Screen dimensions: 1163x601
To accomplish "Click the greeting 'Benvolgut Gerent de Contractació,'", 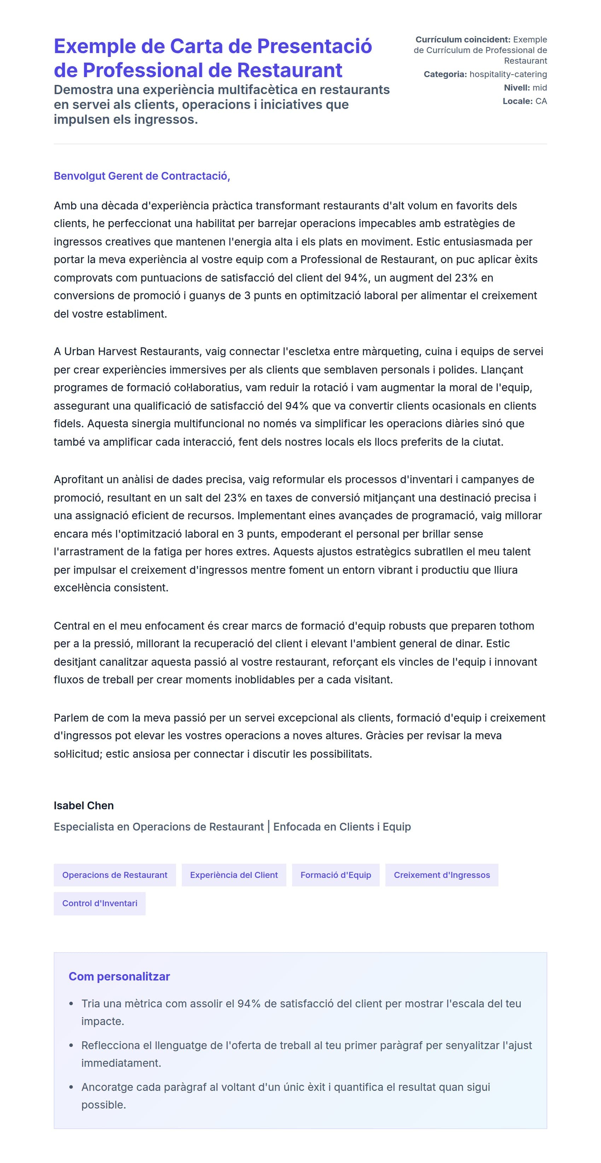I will [142, 176].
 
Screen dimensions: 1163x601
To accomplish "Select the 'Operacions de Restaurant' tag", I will [115, 875].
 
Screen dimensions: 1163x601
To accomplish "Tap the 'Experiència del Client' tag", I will [234, 875].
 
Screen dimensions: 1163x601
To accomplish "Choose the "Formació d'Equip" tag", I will [336, 875].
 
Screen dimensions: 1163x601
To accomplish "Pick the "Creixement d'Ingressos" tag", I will [442, 875].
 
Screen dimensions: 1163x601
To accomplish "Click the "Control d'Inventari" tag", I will [100, 903].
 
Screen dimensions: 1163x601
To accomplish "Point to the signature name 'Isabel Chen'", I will [83, 805].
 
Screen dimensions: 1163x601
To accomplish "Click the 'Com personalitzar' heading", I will [119, 976].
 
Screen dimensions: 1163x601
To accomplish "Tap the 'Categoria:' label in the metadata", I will [445, 74].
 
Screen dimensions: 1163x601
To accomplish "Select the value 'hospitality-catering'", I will [508, 74].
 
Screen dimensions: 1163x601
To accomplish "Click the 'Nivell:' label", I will [517, 88].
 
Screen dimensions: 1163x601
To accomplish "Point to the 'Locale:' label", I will [518, 101].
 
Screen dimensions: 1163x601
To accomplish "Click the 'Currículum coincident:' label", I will [463, 40].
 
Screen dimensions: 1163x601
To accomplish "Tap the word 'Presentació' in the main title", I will [315, 46].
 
